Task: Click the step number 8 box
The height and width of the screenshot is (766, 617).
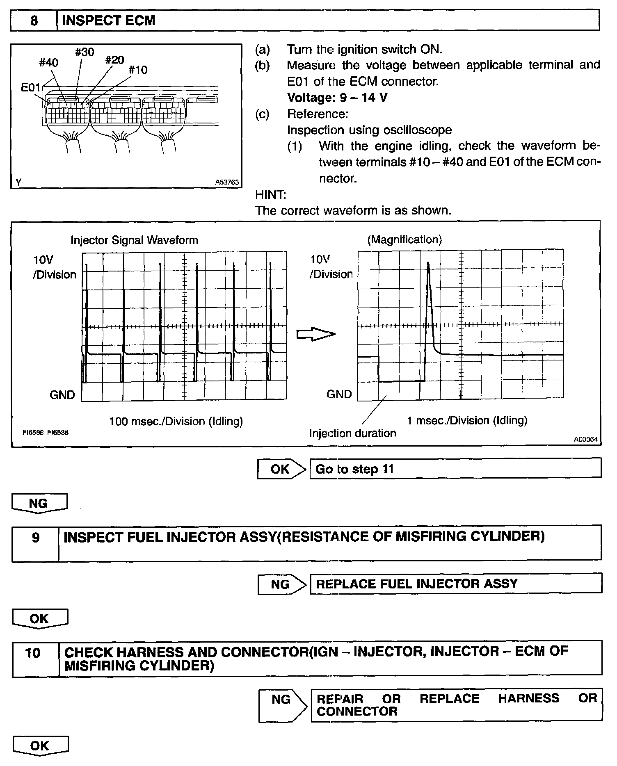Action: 34,21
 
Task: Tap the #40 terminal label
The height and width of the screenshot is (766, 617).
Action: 48,63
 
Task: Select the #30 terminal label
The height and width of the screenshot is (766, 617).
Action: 85,52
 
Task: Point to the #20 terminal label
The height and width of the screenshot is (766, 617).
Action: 114,60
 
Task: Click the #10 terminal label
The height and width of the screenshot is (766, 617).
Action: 138,70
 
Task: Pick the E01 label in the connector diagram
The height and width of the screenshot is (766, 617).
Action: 31,87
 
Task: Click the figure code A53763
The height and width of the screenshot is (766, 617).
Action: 227,182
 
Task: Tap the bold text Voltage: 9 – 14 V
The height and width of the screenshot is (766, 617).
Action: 337,98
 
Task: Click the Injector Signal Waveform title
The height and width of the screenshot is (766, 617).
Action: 134,240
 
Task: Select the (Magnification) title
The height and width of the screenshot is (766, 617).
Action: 404,239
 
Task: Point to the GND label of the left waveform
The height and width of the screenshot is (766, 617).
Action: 62,395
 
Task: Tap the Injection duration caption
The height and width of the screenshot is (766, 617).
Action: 352,433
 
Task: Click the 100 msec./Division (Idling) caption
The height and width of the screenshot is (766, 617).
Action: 176,421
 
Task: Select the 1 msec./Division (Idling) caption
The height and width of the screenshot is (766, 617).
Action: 467,420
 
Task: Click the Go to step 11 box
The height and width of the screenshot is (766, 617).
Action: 455,469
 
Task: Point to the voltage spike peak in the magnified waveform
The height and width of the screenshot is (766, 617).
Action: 428,263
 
